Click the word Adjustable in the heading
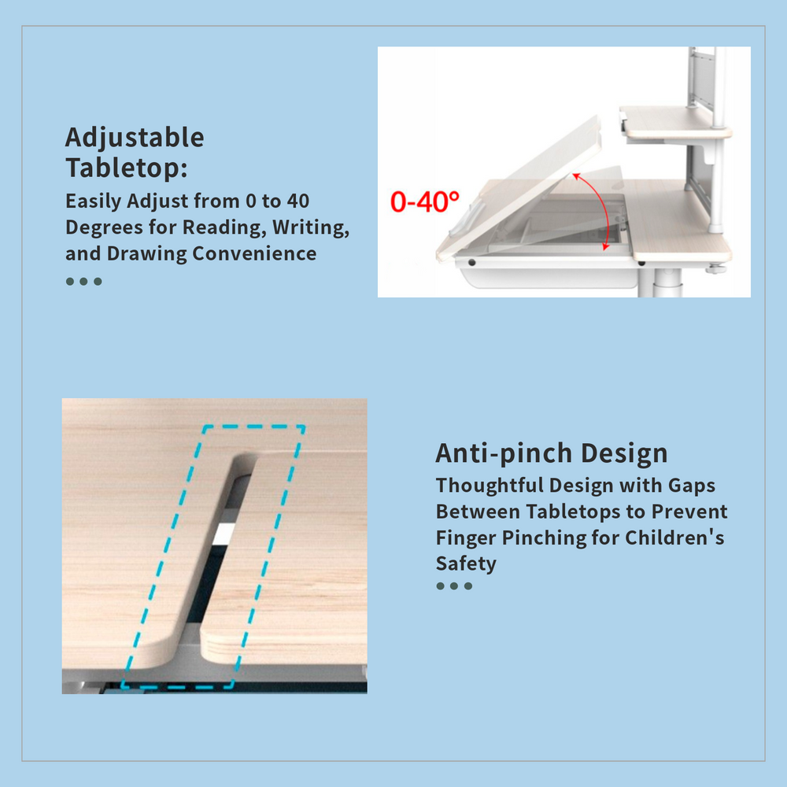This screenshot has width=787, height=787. (x=135, y=138)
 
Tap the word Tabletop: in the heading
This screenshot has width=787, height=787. (x=127, y=168)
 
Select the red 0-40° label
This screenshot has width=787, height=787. (x=425, y=201)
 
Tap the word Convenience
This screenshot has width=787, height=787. (x=254, y=253)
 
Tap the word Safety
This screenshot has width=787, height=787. (x=466, y=563)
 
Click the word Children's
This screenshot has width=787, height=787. (x=674, y=538)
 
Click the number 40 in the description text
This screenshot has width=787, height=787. (x=298, y=201)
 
